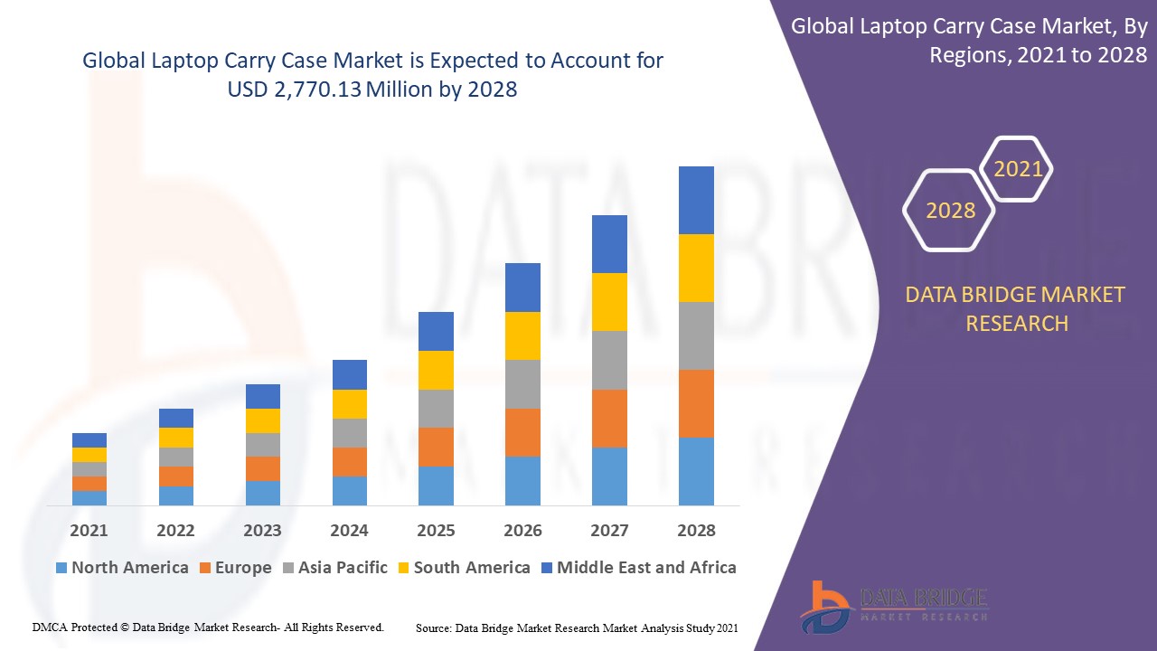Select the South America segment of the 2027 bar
(x=609, y=302)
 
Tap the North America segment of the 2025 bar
(x=436, y=486)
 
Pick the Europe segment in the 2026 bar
(x=522, y=432)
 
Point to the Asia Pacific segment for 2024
(x=349, y=433)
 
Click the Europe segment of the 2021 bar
(x=89, y=484)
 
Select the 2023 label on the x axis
(x=262, y=531)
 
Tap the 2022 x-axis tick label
(x=175, y=531)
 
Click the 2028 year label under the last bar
(x=696, y=531)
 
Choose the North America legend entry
(x=122, y=568)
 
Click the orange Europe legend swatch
(x=205, y=569)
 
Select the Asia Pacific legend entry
(x=334, y=568)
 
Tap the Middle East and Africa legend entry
(x=638, y=568)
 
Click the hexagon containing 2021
(x=1018, y=169)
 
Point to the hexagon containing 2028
(x=950, y=211)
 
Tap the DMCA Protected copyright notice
(x=208, y=627)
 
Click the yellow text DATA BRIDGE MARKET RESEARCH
(x=1016, y=308)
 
